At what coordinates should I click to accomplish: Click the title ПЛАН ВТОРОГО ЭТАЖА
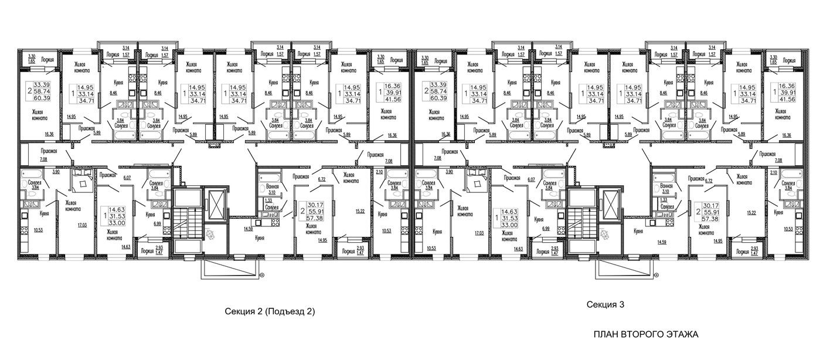click(x=646, y=334)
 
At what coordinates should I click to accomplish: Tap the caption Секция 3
click(x=606, y=304)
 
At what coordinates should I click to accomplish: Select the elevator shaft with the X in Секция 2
click(x=215, y=205)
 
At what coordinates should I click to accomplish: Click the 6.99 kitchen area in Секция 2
click(x=141, y=225)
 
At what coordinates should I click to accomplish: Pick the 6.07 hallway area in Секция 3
click(x=532, y=180)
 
